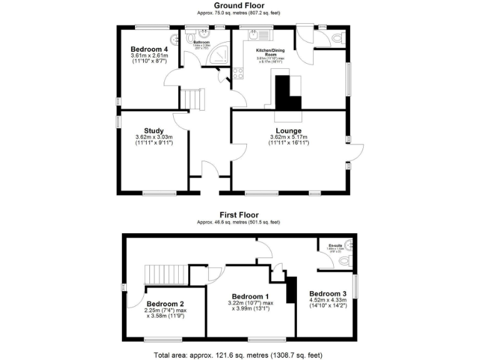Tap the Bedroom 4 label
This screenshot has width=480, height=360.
click(149, 49)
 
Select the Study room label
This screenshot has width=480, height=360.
click(153, 131)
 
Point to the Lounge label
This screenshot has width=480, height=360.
click(289, 131)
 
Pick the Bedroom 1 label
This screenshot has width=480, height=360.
click(250, 296)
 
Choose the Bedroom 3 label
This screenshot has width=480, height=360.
click(327, 294)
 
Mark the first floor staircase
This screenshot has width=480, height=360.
click(166, 274)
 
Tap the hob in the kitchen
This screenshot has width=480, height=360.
click(237, 73)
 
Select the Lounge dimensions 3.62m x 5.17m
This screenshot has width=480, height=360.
click(289, 137)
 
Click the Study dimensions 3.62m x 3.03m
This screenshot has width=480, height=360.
click(153, 137)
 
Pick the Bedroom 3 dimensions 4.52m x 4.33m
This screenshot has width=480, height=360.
click(327, 301)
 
